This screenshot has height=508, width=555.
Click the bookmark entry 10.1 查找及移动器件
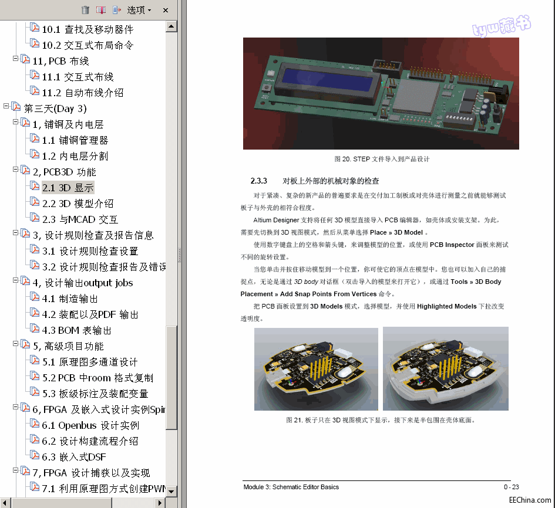click(87, 29)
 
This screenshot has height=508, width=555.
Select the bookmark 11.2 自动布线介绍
click(82, 93)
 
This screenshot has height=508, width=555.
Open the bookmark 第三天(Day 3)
click(55, 109)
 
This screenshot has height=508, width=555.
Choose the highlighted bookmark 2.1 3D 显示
click(68, 188)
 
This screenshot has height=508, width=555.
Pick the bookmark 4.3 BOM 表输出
click(76, 330)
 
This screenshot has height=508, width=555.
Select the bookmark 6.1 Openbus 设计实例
click(90, 425)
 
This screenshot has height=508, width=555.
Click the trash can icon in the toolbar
click(85, 10)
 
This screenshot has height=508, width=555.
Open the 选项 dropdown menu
click(139, 10)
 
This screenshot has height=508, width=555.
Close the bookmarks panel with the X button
click(166, 10)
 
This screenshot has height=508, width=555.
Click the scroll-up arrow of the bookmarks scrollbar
click(171, 26)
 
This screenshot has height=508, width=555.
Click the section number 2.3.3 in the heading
click(259, 181)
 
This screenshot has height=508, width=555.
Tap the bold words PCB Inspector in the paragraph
click(452, 244)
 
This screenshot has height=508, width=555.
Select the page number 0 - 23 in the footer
click(511, 487)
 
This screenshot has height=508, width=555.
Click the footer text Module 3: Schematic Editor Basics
click(291, 487)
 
